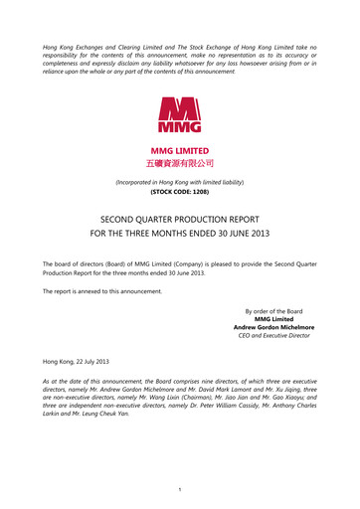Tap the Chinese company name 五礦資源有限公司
coord(179,162)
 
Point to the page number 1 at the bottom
coord(179,487)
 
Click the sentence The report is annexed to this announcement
coord(111,289)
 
